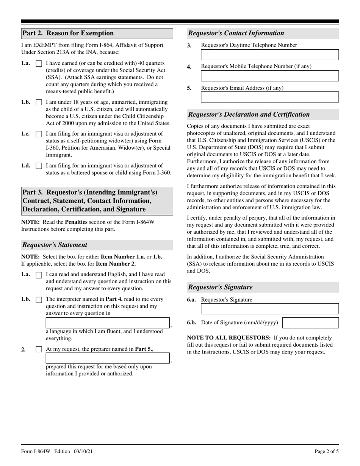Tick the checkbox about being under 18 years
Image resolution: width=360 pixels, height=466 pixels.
38,103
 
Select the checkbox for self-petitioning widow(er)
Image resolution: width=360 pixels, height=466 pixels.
38,134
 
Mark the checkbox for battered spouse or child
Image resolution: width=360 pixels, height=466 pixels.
38,166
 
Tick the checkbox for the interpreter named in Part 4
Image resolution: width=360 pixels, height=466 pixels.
38,300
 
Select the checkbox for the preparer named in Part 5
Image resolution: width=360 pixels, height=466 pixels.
38,350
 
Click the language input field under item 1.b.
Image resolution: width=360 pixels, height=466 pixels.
108,323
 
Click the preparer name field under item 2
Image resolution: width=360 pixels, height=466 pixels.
108,358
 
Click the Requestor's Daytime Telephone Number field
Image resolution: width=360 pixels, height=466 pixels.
269,55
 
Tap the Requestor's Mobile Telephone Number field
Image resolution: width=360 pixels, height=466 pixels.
269,76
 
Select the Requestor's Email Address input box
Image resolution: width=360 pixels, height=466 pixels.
269,97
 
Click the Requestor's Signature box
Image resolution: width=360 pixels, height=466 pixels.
269,309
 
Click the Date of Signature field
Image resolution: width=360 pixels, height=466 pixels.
310,323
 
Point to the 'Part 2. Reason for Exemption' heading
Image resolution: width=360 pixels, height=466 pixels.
68,33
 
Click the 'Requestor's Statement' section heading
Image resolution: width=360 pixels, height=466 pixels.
55,245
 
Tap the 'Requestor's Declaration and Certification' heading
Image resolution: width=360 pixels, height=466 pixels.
249,114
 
